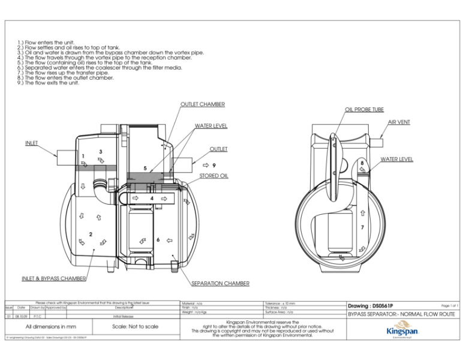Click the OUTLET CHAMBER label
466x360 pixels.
pos(203,104)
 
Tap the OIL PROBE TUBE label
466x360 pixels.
pos(364,110)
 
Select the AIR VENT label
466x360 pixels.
pos(399,122)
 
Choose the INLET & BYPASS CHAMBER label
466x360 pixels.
pos(54,278)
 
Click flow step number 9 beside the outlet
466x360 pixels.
pos(214,164)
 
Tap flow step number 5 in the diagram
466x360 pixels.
pos(145,169)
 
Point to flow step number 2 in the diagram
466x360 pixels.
pos(90,233)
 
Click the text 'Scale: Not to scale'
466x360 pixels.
pos(136,326)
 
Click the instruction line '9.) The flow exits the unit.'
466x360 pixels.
pos(49,83)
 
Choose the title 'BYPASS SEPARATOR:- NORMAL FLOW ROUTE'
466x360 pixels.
pos(401,314)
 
